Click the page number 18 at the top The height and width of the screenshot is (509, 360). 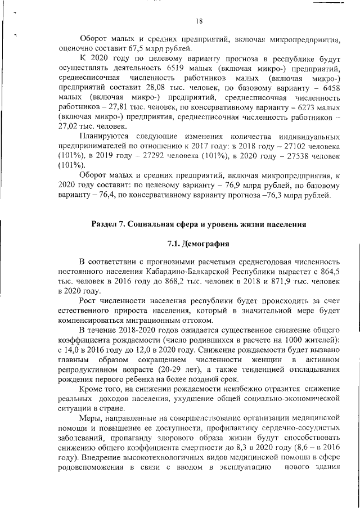pyautogui.click(x=199, y=21)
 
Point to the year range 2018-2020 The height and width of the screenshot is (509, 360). pyautogui.click(x=130, y=330)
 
